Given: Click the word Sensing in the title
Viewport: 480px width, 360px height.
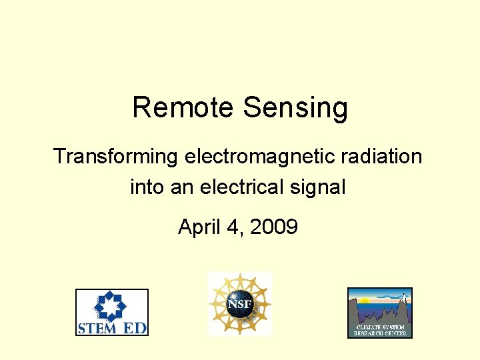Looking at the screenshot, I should (295, 109).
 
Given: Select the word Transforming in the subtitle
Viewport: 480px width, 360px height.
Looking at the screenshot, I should (115, 157).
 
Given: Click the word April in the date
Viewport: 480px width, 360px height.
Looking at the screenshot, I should (194, 228).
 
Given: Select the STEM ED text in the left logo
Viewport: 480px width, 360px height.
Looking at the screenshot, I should (112, 327).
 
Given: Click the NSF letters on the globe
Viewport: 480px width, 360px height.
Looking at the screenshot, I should (239, 305).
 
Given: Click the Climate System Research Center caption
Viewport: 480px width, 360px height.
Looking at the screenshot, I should (379, 329).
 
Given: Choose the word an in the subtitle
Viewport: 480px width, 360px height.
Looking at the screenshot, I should (181, 188).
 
